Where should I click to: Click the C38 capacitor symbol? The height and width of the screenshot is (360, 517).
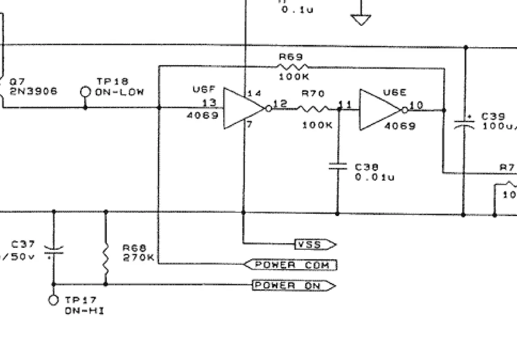pyautogui.click(x=338, y=166)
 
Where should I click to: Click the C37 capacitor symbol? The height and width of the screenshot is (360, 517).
pyautogui.click(x=53, y=251)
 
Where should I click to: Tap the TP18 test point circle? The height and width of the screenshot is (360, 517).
pyautogui.click(x=85, y=92)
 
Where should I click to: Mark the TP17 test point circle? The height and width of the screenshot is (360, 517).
pyautogui.click(x=53, y=300)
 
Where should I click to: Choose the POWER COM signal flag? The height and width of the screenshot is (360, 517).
pyautogui.click(x=291, y=265)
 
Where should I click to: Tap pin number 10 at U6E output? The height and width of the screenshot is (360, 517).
pyautogui.click(x=416, y=105)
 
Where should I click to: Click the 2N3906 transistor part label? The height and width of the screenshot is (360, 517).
pyautogui.click(x=34, y=91)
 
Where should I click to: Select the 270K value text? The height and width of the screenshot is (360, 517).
pyautogui.click(x=139, y=257)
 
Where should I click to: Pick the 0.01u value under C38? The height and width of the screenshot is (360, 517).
pyautogui.click(x=374, y=177)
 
